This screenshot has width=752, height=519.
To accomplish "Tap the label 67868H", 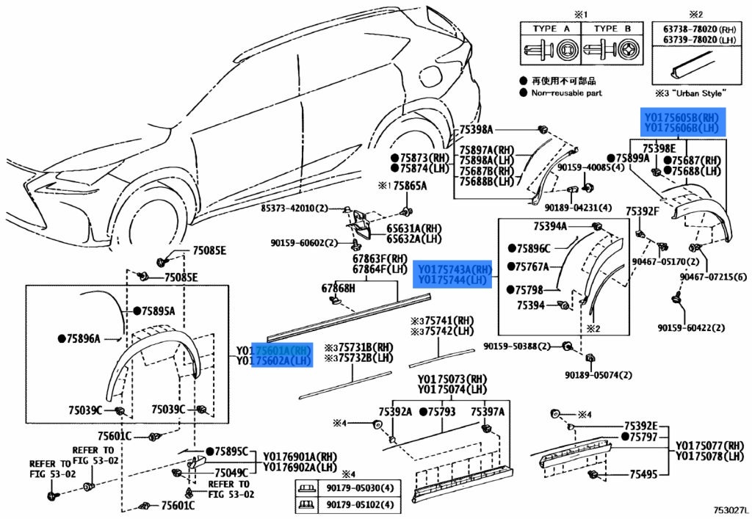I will click(338, 288).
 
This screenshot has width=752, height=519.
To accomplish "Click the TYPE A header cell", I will click(549, 29).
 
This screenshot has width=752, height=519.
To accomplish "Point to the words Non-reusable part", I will click(566, 92).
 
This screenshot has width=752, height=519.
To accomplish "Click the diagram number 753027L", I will click(727, 508).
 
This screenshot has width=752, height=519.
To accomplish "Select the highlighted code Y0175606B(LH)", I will click(681, 128).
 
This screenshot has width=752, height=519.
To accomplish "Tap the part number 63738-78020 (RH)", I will click(698, 29).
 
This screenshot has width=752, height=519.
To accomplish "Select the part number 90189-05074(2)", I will click(598, 375).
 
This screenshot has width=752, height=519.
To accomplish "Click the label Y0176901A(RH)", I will click(297, 455).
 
